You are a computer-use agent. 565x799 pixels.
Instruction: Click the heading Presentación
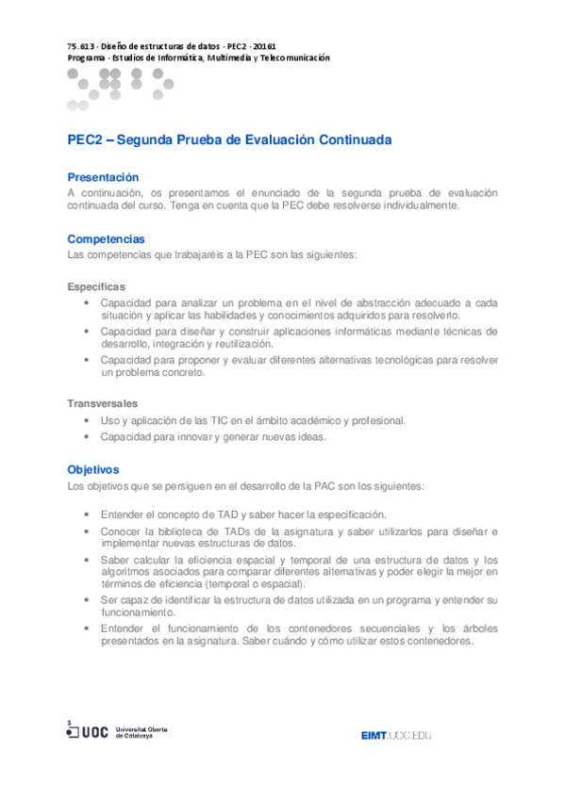103,177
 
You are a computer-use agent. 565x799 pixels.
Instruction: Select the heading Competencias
106,239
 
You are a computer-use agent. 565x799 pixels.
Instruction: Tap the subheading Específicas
96,285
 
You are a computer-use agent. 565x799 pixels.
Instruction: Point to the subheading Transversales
102,403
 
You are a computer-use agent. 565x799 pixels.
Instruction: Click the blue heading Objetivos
93,469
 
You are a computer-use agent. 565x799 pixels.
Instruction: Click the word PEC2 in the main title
85,139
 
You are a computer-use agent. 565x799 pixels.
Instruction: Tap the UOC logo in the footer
90,732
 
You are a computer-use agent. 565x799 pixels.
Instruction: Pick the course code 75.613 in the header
80,46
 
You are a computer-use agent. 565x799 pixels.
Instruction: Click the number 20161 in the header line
264,46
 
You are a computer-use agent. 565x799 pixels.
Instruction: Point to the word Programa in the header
86,57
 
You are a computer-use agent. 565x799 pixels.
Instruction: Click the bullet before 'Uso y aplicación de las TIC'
87,420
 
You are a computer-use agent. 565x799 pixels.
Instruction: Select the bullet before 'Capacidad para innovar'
87,436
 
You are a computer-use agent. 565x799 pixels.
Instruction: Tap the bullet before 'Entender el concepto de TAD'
87,514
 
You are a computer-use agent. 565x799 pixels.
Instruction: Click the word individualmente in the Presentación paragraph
420,205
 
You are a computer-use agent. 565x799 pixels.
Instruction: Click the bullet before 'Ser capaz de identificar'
87,599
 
